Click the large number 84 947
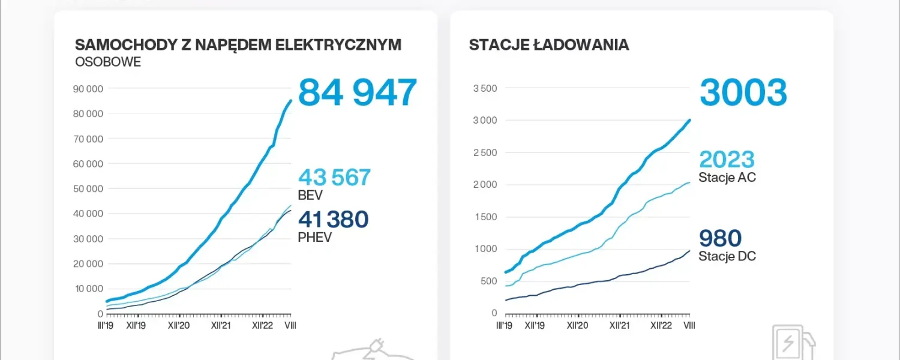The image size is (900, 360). [x=357, y=93]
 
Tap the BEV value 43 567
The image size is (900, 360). [x=334, y=178]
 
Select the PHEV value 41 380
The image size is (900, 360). [x=333, y=220]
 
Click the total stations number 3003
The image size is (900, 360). [x=743, y=93]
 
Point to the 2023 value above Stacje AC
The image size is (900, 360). [x=727, y=160]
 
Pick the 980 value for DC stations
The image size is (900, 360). [x=720, y=239]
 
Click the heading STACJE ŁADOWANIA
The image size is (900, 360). [x=548, y=45]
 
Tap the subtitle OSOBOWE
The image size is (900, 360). [x=108, y=62]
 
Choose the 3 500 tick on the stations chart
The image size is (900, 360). [x=485, y=89]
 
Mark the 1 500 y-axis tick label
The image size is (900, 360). [x=485, y=217]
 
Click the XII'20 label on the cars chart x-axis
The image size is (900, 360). [x=179, y=325]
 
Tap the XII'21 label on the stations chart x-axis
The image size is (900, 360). [x=619, y=325]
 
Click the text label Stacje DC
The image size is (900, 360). [x=727, y=256]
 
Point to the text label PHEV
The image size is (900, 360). [x=314, y=237]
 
